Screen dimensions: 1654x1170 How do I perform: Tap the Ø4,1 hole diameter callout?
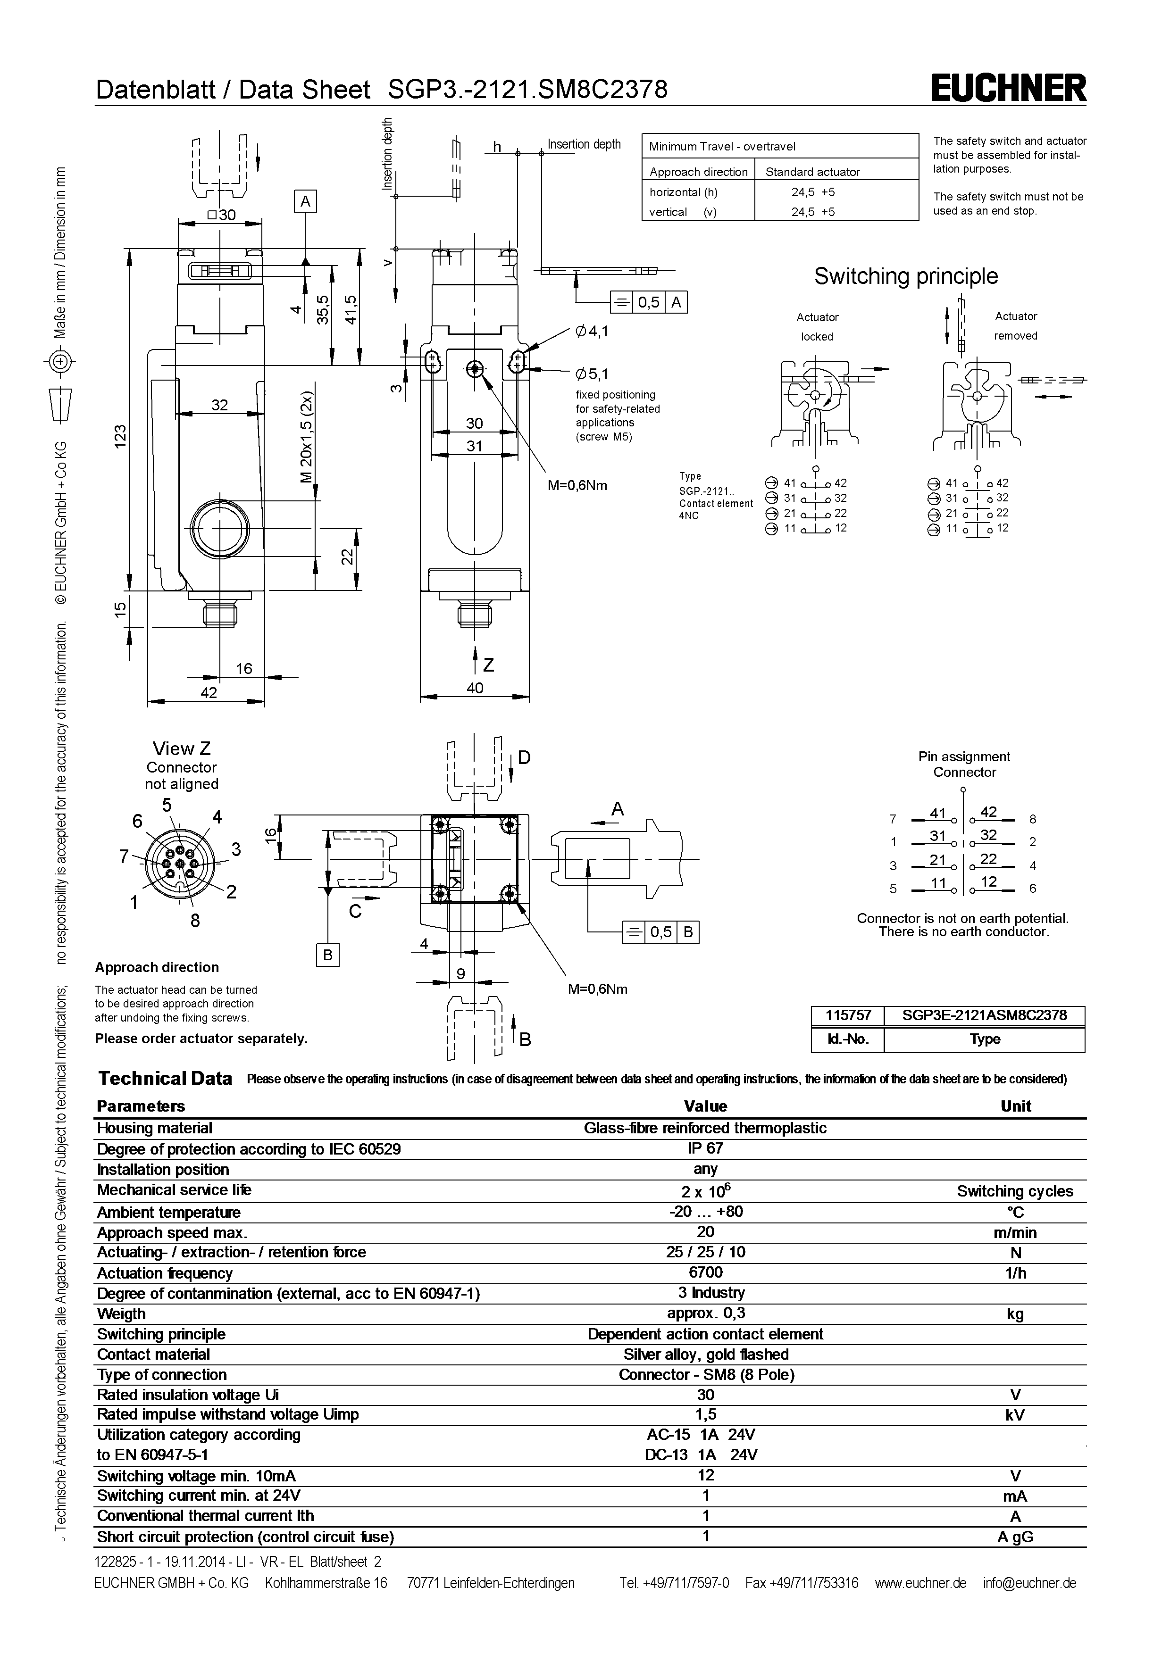[592, 332]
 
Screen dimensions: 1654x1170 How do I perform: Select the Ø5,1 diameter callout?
[592, 374]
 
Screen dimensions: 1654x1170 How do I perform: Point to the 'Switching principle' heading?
[906, 276]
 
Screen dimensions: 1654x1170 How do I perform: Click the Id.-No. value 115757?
[848, 1016]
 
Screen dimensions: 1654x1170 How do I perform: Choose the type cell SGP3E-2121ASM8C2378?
[984, 1016]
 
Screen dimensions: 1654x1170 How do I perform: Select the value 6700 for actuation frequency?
[705, 1272]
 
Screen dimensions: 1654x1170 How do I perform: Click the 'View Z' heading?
[182, 748]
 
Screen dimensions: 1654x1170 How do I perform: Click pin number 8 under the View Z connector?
[194, 920]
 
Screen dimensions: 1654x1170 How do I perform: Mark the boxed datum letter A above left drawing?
[305, 202]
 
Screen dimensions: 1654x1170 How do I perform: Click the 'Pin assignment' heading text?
[964, 756]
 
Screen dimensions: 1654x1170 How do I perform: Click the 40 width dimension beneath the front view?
[475, 688]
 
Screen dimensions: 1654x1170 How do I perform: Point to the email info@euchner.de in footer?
[1029, 1583]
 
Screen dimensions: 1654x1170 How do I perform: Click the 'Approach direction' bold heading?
[157, 967]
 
